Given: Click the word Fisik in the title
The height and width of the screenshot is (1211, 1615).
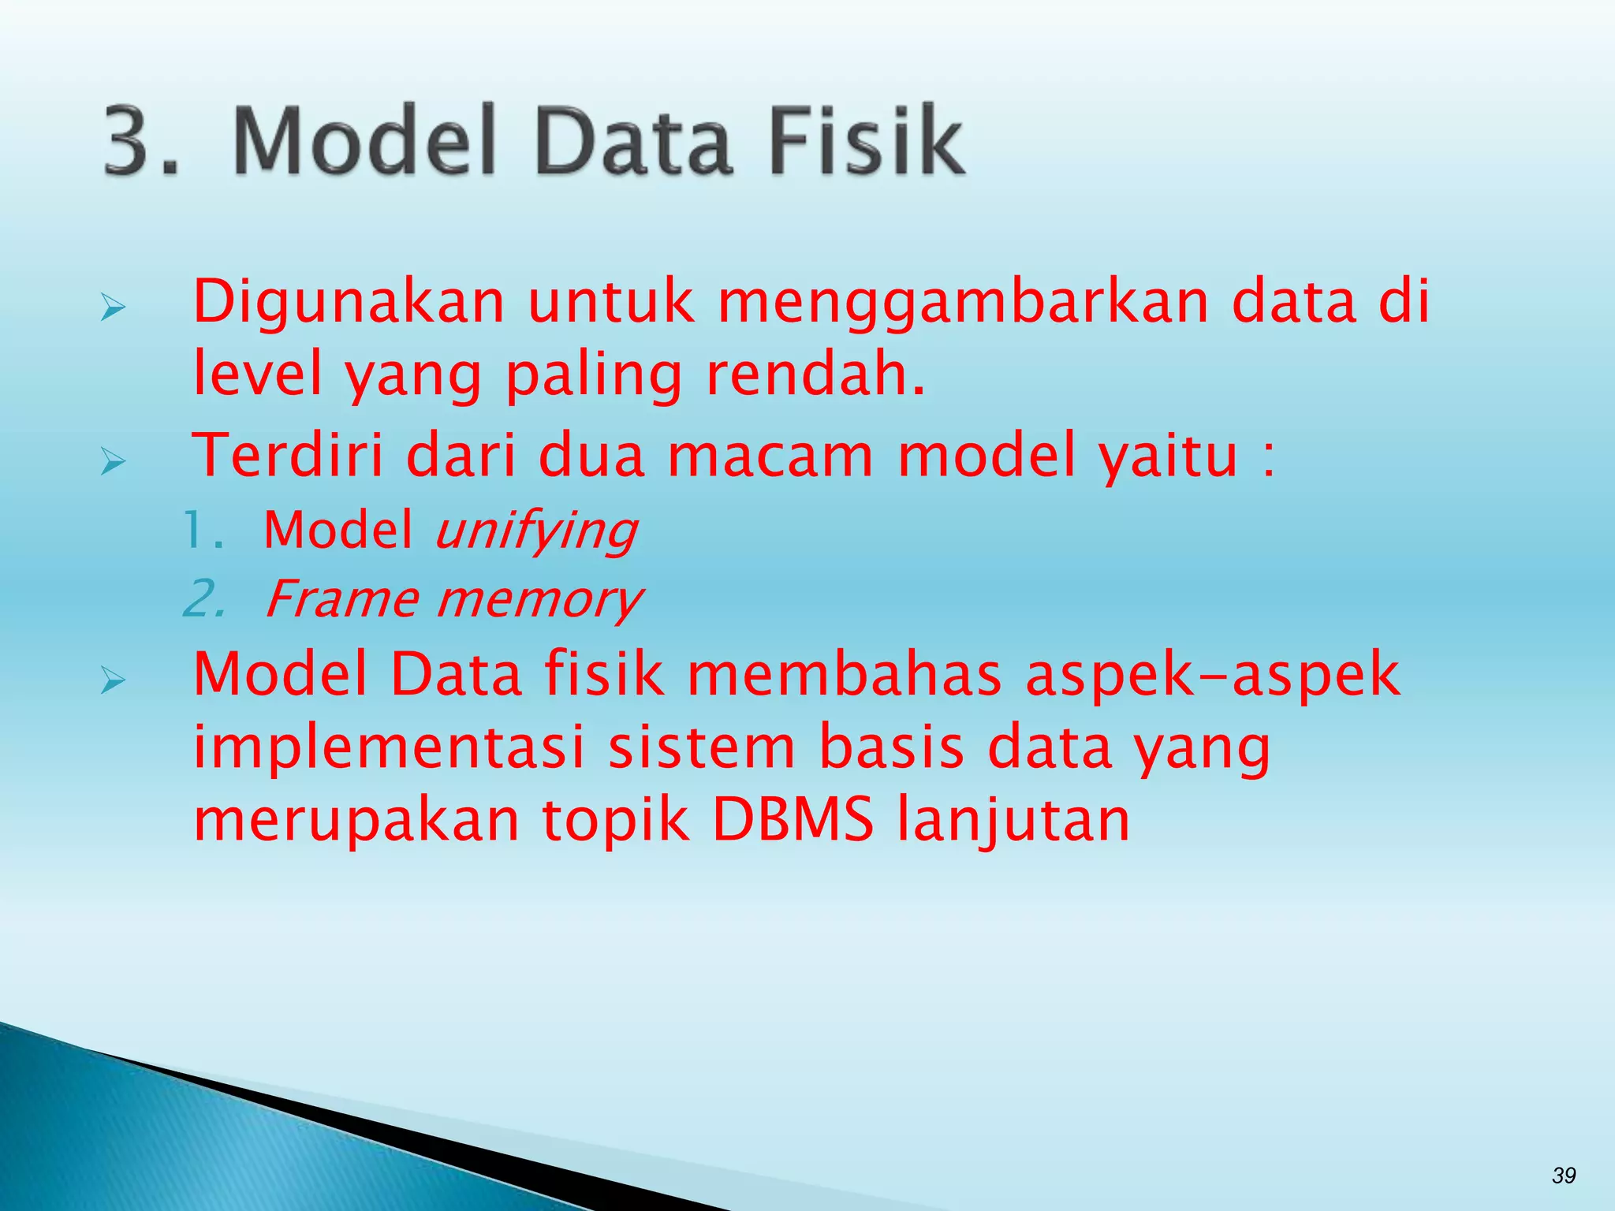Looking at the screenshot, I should pos(865,140).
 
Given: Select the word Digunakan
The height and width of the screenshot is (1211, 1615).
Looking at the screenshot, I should pos(348,303).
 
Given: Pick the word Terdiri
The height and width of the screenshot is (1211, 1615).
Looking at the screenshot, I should pos(288,456).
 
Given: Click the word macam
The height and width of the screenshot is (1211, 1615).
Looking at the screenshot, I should pos(770,456).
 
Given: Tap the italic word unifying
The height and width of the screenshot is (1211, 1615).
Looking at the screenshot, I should pos(535,531).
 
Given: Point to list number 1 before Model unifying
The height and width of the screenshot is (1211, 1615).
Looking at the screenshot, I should pos(202,530).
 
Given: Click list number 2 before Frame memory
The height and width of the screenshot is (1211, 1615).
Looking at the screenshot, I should pos(203,600).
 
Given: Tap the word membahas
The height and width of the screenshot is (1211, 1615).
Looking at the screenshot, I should pos(844,675).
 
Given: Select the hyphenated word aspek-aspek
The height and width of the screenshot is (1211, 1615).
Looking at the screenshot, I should pos(1212,676).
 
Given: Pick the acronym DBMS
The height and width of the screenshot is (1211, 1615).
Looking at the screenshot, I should pos(793,820).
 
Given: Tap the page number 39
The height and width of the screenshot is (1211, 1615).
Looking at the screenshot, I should pos(1563,1176).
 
